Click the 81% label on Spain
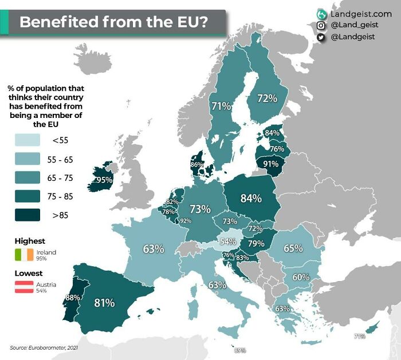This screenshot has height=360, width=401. tap(105, 302)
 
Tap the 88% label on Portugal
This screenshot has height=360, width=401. tap(72, 298)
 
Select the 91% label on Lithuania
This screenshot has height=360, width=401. tap(270, 163)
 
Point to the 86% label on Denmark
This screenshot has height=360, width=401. tap(196, 165)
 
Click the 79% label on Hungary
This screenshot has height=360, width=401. tap(255, 244)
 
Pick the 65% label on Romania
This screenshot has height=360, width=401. tap(293, 248)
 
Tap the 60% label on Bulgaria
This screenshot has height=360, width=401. tap(301, 277)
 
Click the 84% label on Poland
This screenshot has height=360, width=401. tap(251, 198)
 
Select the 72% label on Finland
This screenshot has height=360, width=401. tap(267, 98)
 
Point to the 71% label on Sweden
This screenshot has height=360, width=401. tap(221, 106)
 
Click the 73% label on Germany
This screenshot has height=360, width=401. tap(200, 209)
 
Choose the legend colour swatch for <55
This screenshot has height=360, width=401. tap(27, 139)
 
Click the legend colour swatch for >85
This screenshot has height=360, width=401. tap(27, 215)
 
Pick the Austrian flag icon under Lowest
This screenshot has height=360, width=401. tap(27, 287)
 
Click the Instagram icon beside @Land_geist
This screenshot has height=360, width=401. tap(321, 25)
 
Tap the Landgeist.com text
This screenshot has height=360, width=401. tap(360, 13)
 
